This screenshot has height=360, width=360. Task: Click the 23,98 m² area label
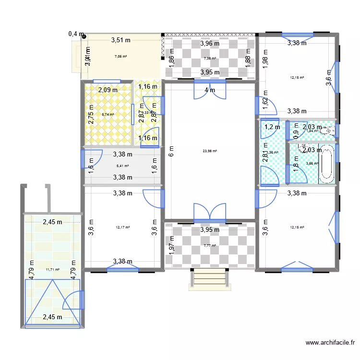pos(210,151)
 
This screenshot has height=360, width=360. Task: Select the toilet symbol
pos(328,130)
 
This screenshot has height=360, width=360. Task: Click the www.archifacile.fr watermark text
pos(330,343)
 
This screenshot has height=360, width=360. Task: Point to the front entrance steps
pos(208,278)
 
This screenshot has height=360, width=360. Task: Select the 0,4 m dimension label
pos(76,34)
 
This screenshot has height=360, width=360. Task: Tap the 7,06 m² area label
pos(120,57)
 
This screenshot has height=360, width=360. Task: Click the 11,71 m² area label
pos(53,270)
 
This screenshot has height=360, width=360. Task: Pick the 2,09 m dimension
pos(108,89)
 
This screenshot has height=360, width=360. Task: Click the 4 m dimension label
pos(210,90)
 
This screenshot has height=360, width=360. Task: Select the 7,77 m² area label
pos(210,246)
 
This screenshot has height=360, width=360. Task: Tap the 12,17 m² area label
pos(123,228)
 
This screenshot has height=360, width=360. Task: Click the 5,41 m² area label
pos(122,166)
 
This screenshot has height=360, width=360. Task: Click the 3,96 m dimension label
pos(210,44)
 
